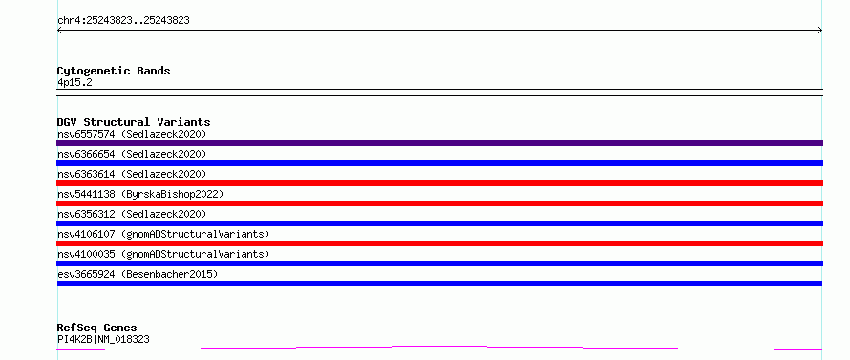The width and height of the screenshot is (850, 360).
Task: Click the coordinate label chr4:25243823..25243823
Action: click(x=123, y=21)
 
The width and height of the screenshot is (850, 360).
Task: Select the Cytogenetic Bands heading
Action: click(x=114, y=71)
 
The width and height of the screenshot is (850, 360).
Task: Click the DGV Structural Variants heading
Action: click(x=134, y=122)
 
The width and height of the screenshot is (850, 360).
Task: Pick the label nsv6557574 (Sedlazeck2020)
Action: click(x=132, y=134)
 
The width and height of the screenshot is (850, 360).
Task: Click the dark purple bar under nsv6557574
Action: click(x=439, y=143)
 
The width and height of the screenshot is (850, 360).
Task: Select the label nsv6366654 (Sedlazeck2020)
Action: click(x=132, y=154)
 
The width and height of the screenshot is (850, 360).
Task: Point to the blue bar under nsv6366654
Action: click(x=439, y=163)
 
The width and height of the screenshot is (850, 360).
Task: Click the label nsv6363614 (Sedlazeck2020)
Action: click(x=132, y=174)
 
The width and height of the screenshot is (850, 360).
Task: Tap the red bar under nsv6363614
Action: click(x=439, y=183)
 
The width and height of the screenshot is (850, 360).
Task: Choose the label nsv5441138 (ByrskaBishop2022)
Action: click(x=140, y=194)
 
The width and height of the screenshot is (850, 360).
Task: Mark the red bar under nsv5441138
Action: click(x=439, y=203)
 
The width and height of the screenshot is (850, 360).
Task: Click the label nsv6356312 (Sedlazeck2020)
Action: click(x=132, y=214)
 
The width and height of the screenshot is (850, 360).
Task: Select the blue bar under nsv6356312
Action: click(x=439, y=223)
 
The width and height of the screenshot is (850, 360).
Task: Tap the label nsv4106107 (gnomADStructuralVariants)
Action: click(x=163, y=234)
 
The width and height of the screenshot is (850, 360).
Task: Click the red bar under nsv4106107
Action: click(x=439, y=244)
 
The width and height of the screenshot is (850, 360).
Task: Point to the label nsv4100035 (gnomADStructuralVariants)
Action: click(x=163, y=254)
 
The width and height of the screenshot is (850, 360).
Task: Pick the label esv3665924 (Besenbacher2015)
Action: click(x=138, y=274)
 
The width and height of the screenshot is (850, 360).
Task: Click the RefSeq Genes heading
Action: click(x=97, y=328)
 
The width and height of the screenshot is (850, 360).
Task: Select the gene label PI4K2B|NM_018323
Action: click(x=103, y=339)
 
